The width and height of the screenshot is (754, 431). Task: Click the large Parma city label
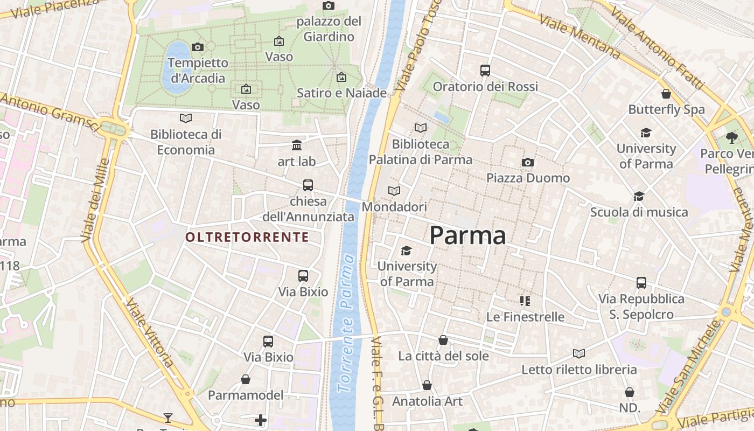coord(467,236)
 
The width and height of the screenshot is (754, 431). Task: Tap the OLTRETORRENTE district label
coord(247,237)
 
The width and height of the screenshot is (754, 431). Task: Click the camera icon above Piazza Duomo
coord(527,162)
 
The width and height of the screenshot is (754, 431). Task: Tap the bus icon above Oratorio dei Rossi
coord(485,70)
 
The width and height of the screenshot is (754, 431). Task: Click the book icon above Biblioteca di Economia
coord(186,118)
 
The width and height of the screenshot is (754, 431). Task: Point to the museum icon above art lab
coord(297,145)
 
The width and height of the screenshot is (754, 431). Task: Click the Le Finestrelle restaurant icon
coord(525,301)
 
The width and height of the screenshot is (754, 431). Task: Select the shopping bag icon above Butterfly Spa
coord(666,94)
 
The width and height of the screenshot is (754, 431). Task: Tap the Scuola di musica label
coord(639,212)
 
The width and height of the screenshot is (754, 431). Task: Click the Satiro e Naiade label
coord(341,93)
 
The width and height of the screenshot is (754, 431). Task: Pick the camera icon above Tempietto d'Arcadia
coord(197,47)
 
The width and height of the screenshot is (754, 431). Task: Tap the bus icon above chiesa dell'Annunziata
coord(308,185)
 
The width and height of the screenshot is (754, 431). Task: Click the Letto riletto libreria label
coord(579,370)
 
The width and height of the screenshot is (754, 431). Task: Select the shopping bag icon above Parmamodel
coord(246,379)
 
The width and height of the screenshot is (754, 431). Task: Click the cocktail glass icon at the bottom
coord(168,418)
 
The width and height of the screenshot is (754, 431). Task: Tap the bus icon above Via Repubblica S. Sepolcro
coord(641,283)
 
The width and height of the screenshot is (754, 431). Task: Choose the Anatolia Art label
coord(427,401)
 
